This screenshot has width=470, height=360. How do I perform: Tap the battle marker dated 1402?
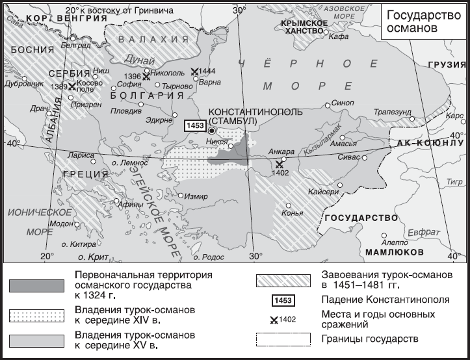(x=279, y=164)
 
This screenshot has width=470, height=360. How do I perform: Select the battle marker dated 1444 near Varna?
(x=195, y=73)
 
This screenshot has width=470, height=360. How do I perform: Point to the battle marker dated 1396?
(x=146, y=77)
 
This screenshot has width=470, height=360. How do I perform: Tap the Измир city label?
(x=196, y=196)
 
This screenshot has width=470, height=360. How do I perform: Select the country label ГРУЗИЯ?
(x=447, y=65)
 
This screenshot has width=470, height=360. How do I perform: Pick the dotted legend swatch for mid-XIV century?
(x=37, y=315)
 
